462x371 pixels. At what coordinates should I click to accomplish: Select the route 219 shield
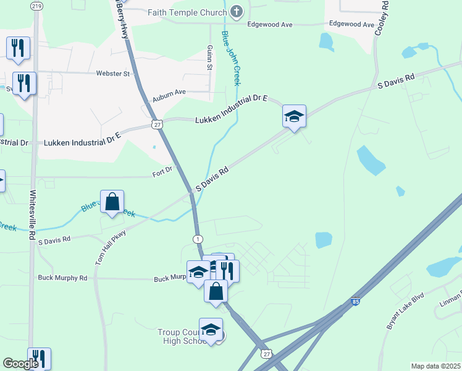click(x=36, y=6)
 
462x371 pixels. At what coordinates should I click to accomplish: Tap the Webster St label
click(x=113, y=73)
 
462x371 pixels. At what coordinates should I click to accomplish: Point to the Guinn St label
click(x=210, y=58)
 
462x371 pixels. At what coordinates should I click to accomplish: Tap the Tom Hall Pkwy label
click(x=111, y=247)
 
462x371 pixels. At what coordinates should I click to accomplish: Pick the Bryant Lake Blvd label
click(x=407, y=309)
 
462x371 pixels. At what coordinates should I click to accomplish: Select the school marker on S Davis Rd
click(x=294, y=116)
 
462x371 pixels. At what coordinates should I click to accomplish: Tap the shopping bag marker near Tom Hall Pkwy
click(x=112, y=202)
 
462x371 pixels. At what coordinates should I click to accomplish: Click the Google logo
click(x=20, y=364)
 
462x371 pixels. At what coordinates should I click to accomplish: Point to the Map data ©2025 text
click(x=435, y=366)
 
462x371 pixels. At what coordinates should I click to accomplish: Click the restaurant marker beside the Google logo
click(x=39, y=359)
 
